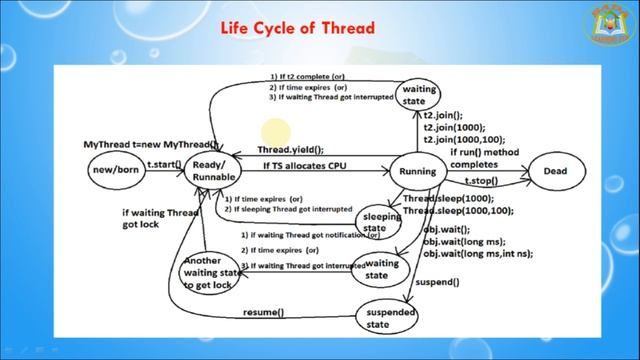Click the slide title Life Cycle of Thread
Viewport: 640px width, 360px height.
pos(297,29)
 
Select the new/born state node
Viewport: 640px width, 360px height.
pos(114,171)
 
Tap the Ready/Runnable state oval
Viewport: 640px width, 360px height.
pos(214,171)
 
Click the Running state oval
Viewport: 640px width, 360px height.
pos(416,171)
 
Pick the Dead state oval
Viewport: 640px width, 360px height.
pos(555,171)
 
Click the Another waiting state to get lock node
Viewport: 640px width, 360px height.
pos(212,272)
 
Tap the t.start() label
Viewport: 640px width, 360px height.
pos(164,162)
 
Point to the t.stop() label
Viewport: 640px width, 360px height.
pos(481,181)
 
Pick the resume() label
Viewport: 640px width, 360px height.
pos(263,313)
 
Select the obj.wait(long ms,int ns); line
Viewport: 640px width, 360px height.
pos(477,254)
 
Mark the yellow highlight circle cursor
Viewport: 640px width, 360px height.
pos(277,132)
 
